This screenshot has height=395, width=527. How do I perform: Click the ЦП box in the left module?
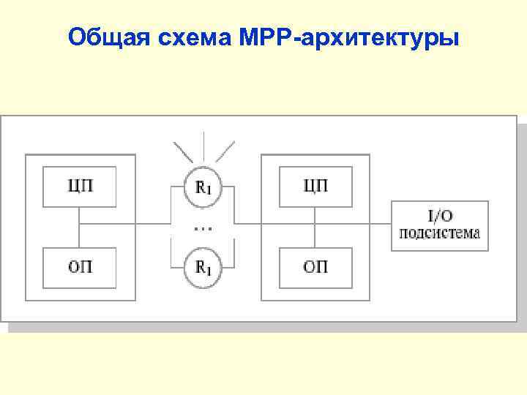(x=79, y=187)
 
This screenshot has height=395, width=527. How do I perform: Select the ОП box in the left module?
(x=79, y=268)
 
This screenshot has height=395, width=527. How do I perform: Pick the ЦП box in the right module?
(x=315, y=187)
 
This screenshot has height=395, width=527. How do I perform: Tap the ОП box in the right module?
(x=315, y=268)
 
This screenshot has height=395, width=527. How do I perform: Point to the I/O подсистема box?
(x=439, y=225)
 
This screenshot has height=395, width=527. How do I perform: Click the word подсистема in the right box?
(x=439, y=233)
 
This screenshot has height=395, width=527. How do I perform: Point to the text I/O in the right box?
(x=440, y=216)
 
